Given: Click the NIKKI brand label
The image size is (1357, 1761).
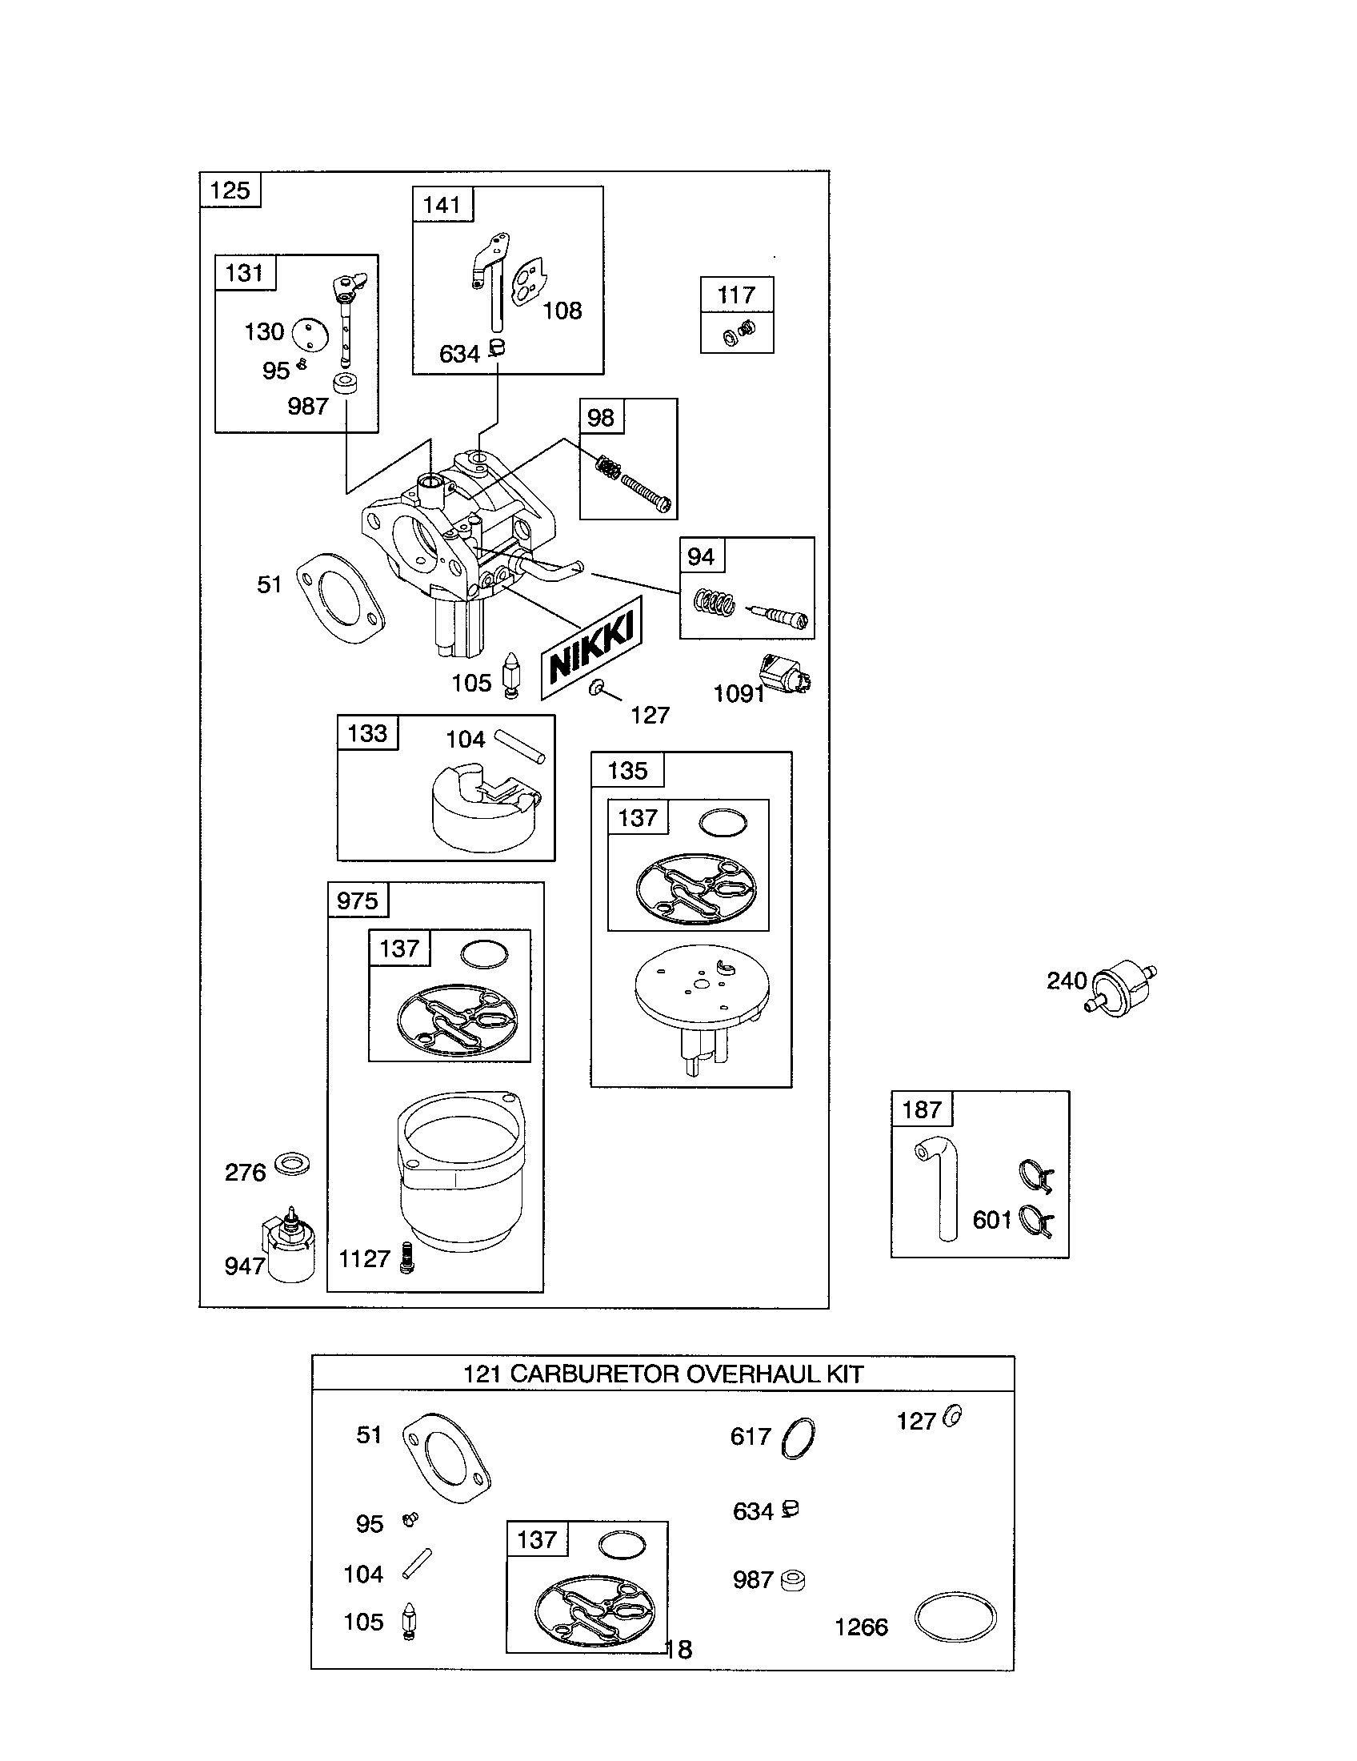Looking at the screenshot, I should tap(592, 648).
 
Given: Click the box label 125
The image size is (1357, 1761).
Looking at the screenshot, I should tap(230, 191).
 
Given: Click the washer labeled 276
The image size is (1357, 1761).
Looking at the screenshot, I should tap(292, 1165).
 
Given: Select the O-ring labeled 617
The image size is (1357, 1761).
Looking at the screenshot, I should tap(798, 1438).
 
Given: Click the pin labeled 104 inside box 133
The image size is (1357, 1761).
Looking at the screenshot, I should tap(520, 746).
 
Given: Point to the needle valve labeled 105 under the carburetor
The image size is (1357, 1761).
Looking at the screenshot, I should tap(510, 675).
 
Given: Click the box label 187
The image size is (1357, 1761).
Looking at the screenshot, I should tap(922, 1109).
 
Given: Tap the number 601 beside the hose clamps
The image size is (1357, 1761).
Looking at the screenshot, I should tap(991, 1220).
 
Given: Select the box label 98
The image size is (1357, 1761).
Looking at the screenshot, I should tap(601, 418).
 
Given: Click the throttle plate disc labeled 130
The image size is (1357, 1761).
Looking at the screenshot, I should tap(310, 335).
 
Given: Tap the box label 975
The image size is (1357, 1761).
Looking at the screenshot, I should tap(358, 901).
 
